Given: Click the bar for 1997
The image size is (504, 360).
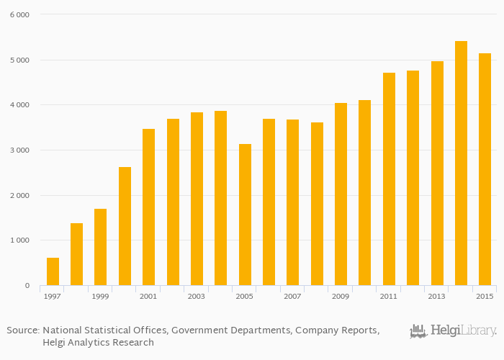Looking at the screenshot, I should coord(53,271).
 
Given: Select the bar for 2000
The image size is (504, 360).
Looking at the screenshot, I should coord(125,226).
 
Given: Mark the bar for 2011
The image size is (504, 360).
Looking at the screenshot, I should coord(389,179).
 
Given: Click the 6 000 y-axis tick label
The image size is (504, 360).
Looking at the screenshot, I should coord(19,15).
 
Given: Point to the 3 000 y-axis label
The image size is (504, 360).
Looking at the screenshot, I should coord(19,150).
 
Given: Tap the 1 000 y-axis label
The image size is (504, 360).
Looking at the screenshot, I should coord(19,240).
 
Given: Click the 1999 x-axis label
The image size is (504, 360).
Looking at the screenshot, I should coord(100,297).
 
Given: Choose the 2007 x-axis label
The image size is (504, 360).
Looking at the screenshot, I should coord(292,297).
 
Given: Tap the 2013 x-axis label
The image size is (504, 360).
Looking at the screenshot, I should coord(436,297).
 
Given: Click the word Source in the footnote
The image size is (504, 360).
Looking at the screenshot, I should coord(22,330).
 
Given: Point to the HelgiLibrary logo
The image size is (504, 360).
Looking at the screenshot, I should coord(453,331).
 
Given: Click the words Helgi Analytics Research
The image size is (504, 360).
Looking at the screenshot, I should coord(98,343).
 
